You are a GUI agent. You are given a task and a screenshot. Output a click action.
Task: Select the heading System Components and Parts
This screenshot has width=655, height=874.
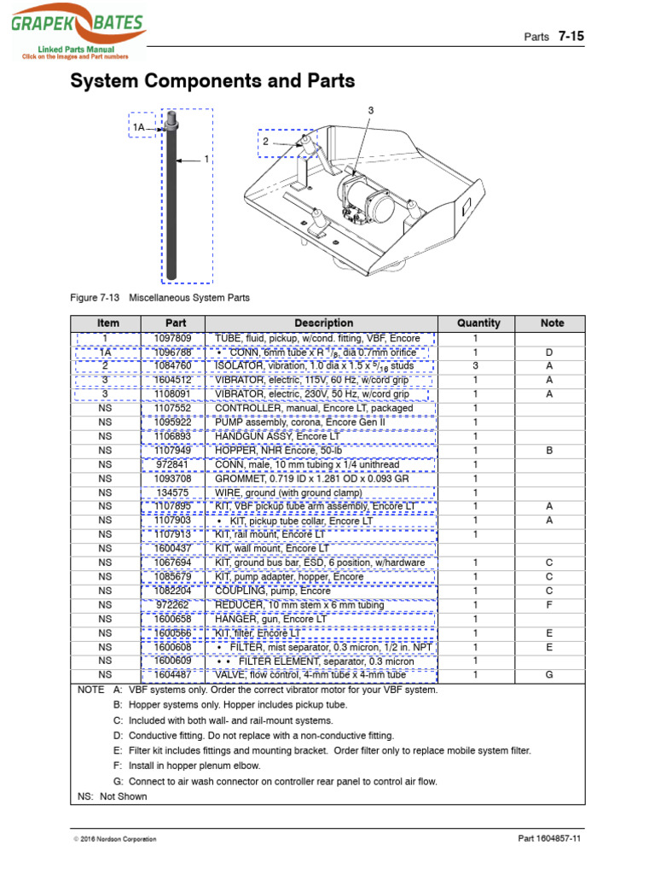[x=212, y=81]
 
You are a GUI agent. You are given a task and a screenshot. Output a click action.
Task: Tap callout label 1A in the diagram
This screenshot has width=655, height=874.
[x=139, y=128]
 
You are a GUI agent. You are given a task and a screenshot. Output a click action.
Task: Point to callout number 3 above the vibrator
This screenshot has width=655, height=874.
[x=371, y=111]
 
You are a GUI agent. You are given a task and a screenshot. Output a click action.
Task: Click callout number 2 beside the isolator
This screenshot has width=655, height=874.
[x=265, y=142]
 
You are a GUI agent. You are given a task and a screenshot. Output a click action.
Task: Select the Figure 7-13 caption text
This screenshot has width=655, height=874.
[x=159, y=298]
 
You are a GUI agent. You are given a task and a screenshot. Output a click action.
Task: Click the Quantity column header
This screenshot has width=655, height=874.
[x=478, y=323]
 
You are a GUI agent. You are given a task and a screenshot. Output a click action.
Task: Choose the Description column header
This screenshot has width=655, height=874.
[x=323, y=323]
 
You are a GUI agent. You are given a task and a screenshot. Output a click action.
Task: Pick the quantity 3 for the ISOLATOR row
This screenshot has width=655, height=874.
[x=476, y=366]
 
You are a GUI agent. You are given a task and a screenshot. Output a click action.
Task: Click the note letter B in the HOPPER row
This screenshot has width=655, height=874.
[x=549, y=451]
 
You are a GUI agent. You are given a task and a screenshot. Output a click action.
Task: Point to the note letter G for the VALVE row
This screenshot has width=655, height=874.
[x=549, y=675]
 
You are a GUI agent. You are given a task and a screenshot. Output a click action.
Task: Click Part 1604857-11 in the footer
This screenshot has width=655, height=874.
[x=549, y=839]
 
